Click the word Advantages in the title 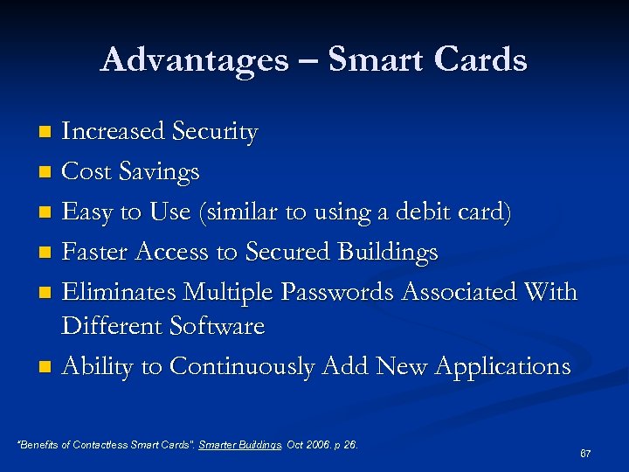[x=194, y=59]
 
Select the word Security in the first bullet [x=215, y=132]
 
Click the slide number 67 [x=585, y=454]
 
